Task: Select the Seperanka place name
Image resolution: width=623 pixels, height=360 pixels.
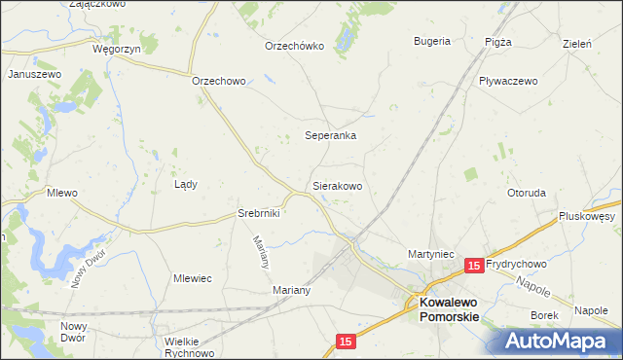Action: click(331, 136)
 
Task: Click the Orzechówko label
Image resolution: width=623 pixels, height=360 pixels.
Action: click(294, 46)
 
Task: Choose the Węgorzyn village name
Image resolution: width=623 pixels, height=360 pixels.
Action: click(117, 48)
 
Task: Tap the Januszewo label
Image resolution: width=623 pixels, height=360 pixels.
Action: click(34, 74)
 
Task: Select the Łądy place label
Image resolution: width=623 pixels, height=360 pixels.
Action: click(185, 184)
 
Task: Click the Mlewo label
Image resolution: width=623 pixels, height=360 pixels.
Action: click(62, 194)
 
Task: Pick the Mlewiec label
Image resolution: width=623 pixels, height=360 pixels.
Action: click(193, 278)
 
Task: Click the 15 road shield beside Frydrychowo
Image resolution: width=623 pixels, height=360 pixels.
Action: click(474, 265)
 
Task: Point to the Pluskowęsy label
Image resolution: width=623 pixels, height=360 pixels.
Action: click(588, 216)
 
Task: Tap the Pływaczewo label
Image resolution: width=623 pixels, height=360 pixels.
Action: click(507, 82)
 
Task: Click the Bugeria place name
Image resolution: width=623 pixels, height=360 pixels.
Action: click(432, 41)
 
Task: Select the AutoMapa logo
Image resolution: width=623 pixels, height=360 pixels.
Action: click(560, 340)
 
